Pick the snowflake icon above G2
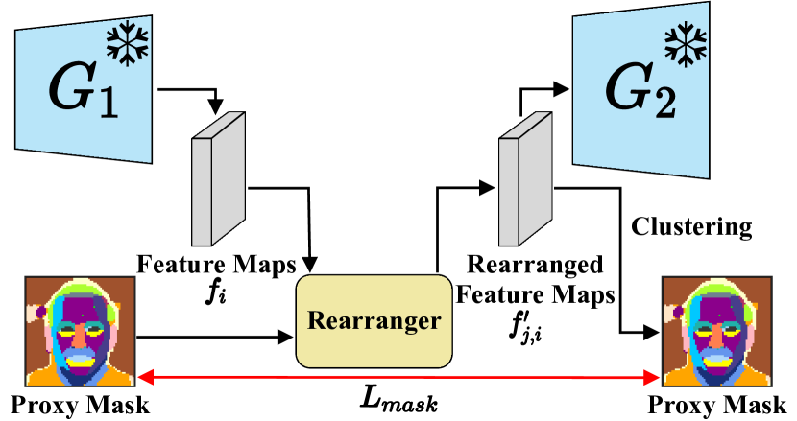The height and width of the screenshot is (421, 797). pyautogui.click(x=686, y=43)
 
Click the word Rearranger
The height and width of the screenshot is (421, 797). pyautogui.click(x=374, y=320)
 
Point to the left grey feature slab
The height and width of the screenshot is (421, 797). pyautogui.click(x=218, y=179)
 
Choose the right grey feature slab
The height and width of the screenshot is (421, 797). pyautogui.click(x=525, y=179)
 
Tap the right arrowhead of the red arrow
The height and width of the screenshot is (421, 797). pyautogui.click(x=656, y=379)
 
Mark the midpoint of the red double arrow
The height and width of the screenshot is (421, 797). pyautogui.click(x=398, y=379)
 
